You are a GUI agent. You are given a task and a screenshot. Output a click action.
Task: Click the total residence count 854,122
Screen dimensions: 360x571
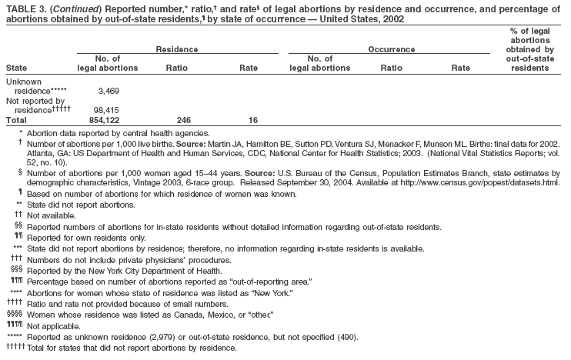click(x=119, y=120)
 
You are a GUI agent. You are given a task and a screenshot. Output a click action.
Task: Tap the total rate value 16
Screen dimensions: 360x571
click(x=252, y=120)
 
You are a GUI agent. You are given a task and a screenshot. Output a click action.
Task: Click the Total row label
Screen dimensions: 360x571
click(x=16, y=120)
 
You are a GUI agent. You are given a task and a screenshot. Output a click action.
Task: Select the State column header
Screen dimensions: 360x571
click(x=16, y=68)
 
